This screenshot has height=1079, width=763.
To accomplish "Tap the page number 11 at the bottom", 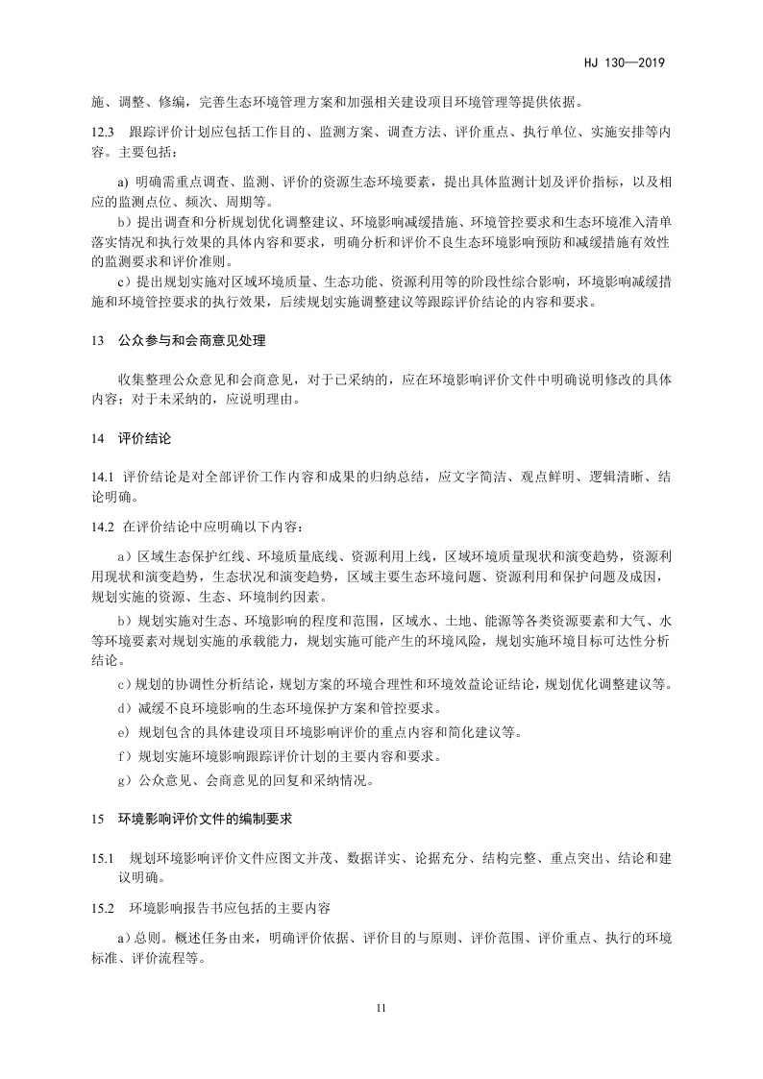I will [381, 1008].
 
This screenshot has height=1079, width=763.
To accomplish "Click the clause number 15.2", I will [103, 907].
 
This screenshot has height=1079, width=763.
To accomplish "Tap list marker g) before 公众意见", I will [123, 781].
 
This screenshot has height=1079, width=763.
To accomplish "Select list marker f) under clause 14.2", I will [123, 757].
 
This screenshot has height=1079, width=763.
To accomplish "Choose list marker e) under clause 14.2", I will [123, 733].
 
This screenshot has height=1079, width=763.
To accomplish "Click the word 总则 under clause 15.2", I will [149, 937].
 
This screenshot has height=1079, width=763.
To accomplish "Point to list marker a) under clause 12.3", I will [122, 183].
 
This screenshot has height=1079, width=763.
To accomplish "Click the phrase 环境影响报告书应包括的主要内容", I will [223, 907].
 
